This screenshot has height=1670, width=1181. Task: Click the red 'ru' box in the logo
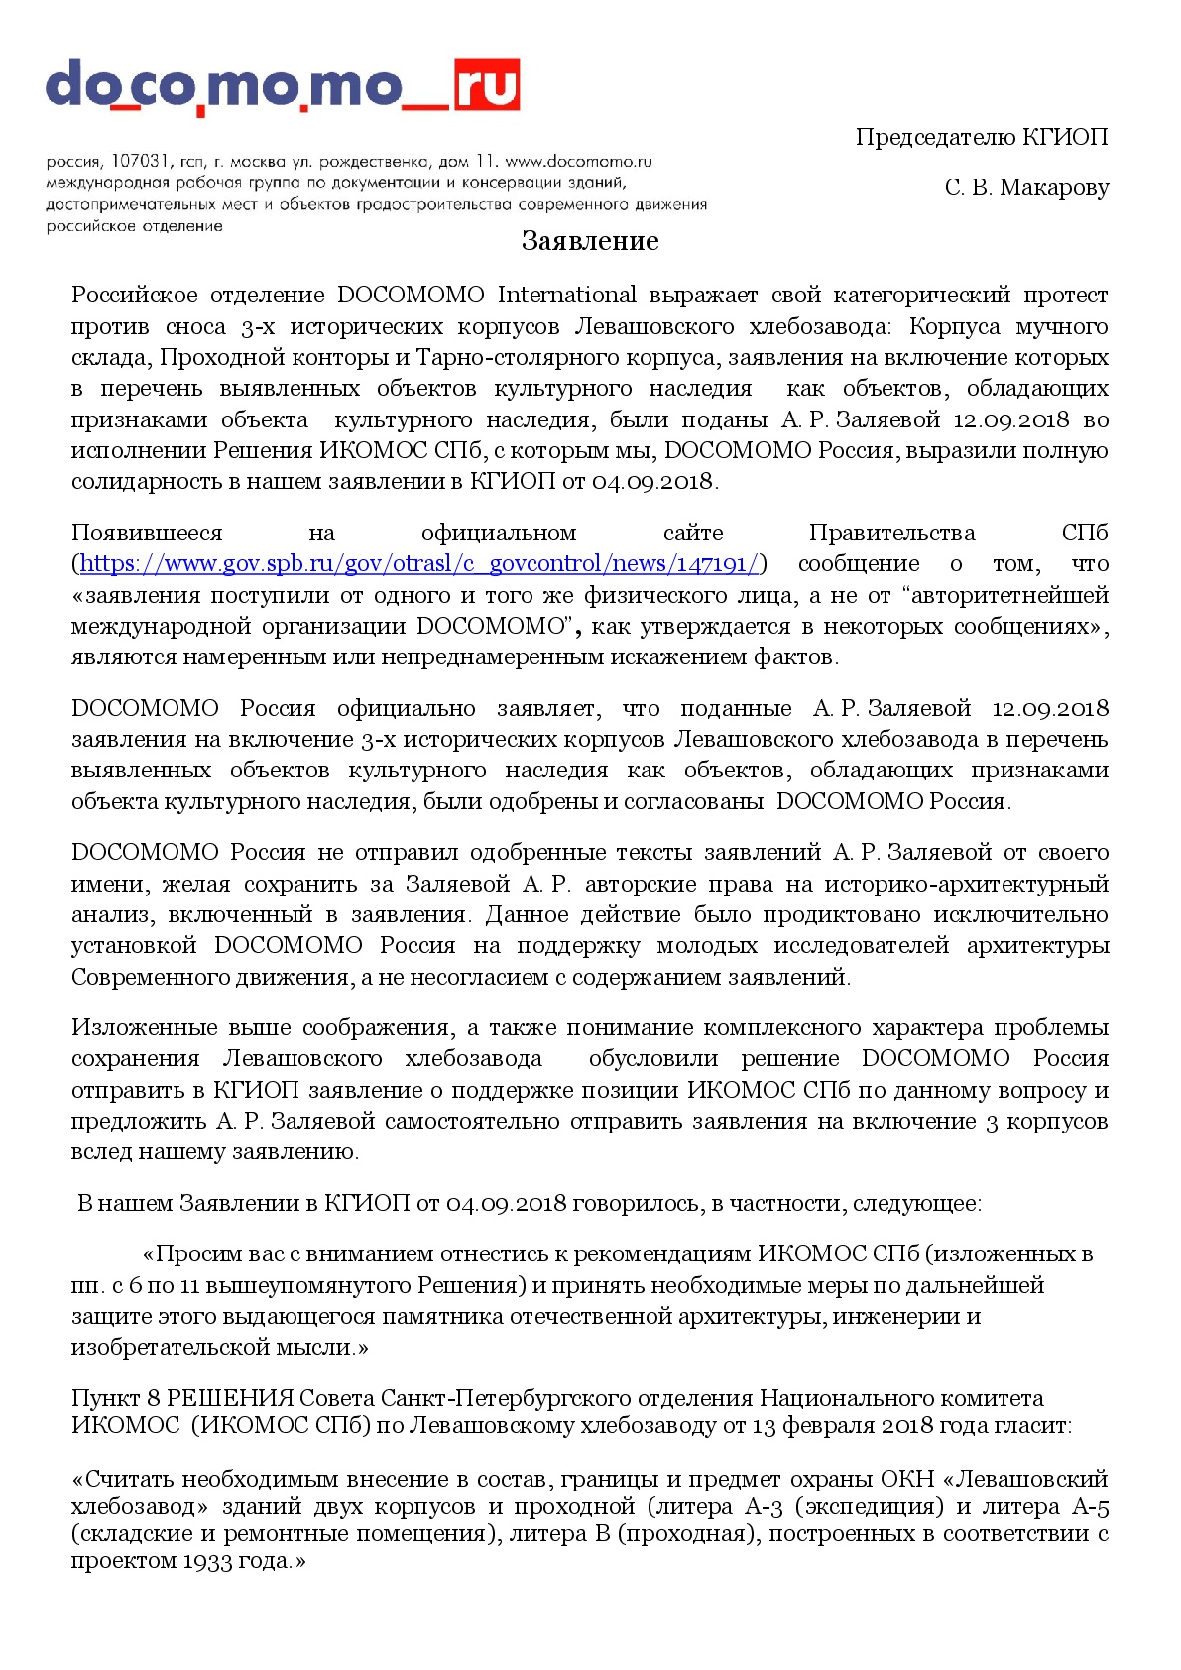(486, 84)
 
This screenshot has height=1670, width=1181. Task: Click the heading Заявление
(590, 241)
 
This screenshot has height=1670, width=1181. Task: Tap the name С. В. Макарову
(1026, 187)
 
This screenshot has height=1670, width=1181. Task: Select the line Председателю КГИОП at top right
(982, 137)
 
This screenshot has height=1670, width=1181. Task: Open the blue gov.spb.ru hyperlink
(419, 564)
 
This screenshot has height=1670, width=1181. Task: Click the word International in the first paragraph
(566, 296)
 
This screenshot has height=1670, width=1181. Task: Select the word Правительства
(891, 534)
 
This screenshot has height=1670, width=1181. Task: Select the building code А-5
(1090, 1507)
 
